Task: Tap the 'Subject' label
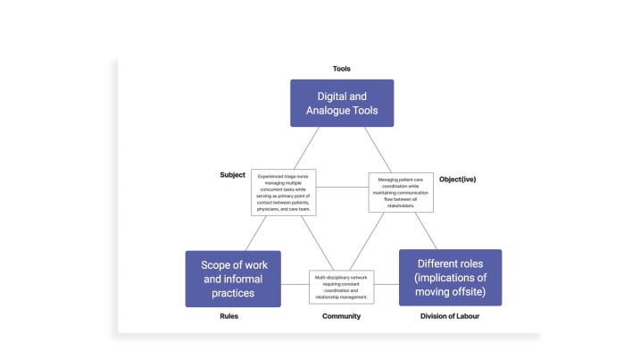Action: (232, 174)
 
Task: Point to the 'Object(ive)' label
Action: (458, 180)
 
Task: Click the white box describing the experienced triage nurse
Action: (285, 192)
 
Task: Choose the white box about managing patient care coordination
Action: (401, 193)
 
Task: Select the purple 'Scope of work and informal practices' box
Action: (233, 278)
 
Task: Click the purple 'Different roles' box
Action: (450, 277)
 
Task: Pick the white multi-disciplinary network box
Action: (342, 286)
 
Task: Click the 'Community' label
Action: (341, 315)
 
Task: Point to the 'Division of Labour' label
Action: (450, 315)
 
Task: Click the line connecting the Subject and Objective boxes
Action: (343, 188)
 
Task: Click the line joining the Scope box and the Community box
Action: (295, 286)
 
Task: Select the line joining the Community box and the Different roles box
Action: (386, 286)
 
